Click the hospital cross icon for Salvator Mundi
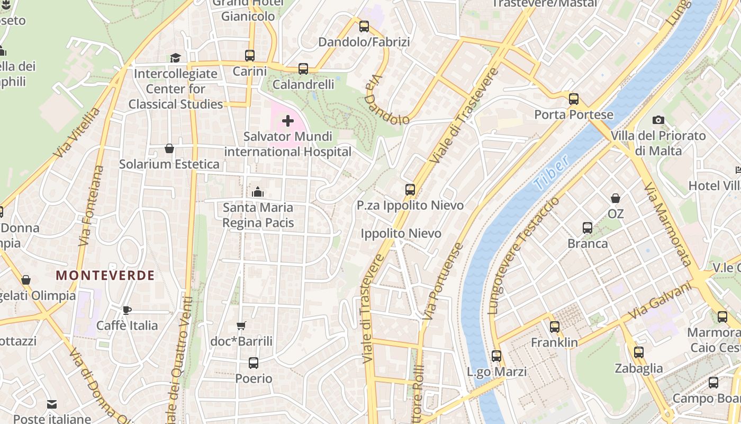click(x=288, y=121)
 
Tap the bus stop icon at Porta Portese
click(x=574, y=99)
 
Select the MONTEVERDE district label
click(x=105, y=276)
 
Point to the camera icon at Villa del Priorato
click(x=658, y=120)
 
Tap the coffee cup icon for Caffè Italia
click(x=127, y=310)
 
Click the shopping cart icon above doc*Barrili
click(x=241, y=326)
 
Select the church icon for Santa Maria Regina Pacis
click(x=258, y=192)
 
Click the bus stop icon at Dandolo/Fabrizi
click(x=364, y=26)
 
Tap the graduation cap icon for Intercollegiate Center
click(x=175, y=58)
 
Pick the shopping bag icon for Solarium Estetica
click(x=169, y=148)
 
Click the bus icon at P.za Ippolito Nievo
click(x=410, y=190)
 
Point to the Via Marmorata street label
click(x=668, y=224)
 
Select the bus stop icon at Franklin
click(x=555, y=327)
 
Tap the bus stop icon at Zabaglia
click(x=639, y=352)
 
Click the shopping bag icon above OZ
click(x=616, y=198)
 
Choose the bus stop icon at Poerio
click(x=254, y=363)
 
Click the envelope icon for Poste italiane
click(x=52, y=404)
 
